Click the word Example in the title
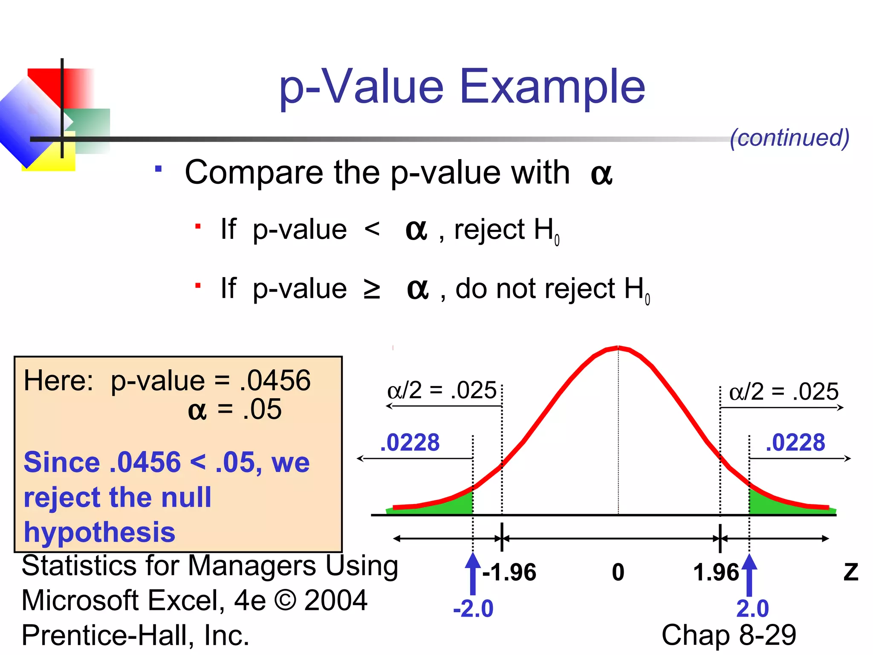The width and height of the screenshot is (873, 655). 552,87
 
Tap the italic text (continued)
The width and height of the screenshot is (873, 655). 789,138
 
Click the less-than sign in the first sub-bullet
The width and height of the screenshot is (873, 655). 372,229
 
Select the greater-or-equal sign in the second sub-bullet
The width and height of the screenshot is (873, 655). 372,289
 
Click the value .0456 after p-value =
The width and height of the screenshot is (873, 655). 275,380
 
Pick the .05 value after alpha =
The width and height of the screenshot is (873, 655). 262,409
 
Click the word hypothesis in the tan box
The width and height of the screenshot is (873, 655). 99,532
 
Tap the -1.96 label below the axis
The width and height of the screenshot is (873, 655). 509,572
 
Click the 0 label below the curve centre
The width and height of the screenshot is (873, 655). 618,572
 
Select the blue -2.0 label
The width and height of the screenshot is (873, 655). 473,609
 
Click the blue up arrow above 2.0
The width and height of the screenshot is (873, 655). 749,574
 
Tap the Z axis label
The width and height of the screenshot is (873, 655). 851,572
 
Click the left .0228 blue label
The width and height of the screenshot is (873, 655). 410,443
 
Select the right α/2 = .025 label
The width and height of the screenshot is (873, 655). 783,391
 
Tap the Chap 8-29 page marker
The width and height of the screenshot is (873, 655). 729,635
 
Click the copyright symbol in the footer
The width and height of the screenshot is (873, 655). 285,600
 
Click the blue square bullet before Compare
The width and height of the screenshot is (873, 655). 159,169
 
